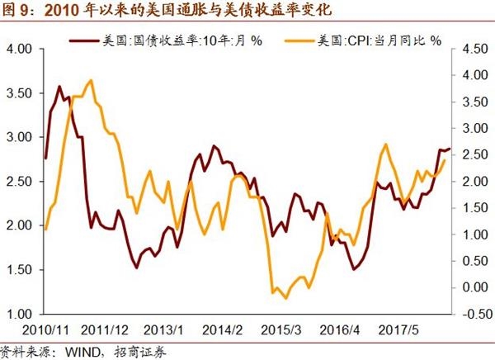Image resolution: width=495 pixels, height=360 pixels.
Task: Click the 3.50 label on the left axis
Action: click(x=18, y=92)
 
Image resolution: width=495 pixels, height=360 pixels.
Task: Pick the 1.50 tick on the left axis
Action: click(x=18, y=270)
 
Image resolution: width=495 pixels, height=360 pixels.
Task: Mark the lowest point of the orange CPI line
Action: click(x=285, y=297)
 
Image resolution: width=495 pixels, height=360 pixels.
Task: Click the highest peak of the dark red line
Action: click(x=59, y=86)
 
